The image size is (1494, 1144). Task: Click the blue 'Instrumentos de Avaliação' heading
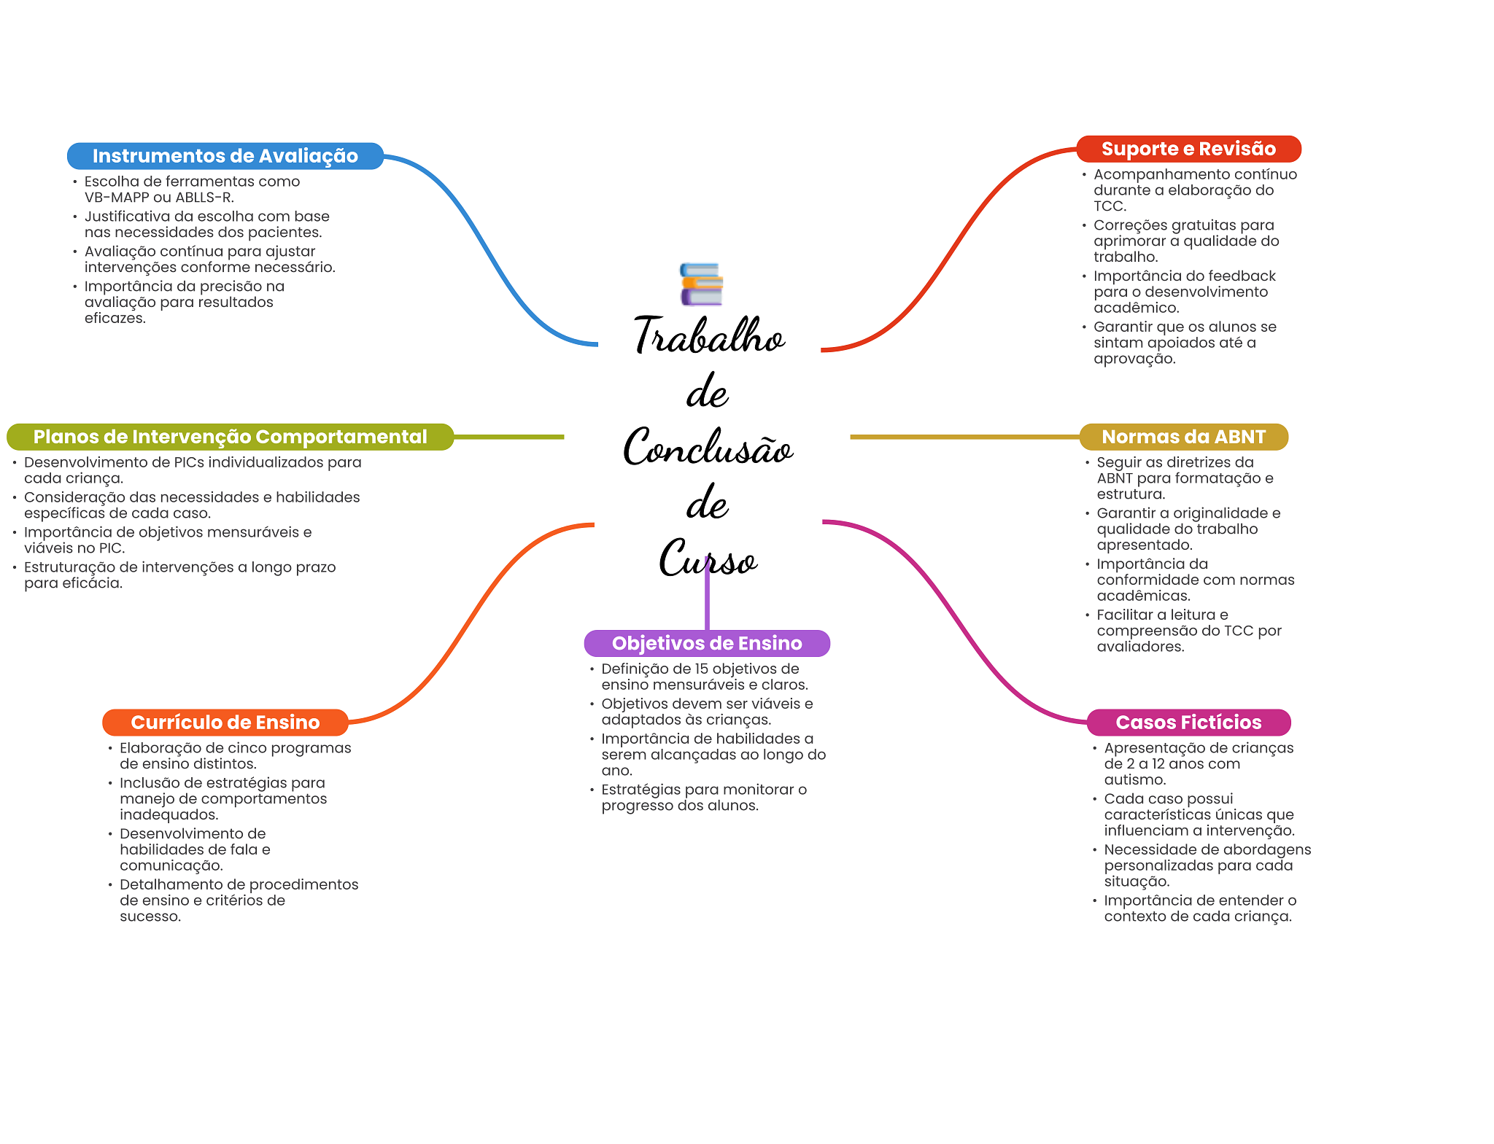tap(225, 156)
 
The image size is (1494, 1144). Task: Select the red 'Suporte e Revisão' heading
tap(1188, 149)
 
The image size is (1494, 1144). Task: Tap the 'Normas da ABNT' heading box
tap(1183, 437)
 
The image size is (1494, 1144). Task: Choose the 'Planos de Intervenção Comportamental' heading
tap(230, 437)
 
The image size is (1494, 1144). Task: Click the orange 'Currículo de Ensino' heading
tap(225, 723)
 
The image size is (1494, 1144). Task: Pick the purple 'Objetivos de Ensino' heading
tap(707, 643)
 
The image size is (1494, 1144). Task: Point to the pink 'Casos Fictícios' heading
tap(1188, 723)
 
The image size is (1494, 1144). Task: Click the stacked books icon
tap(701, 284)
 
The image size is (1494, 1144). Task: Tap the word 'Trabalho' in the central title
tap(708, 337)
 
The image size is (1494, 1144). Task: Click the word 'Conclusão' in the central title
tap(708, 448)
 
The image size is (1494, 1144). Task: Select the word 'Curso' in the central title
tap(708, 560)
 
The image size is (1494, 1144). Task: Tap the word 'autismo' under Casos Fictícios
tap(1134, 779)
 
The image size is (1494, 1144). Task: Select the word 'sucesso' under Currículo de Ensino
tap(150, 917)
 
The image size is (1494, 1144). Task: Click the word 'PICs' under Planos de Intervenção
tap(189, 462)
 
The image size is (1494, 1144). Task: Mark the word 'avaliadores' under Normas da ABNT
tap(1139, 647)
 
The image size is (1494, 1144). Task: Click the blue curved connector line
tap(481, 241)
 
